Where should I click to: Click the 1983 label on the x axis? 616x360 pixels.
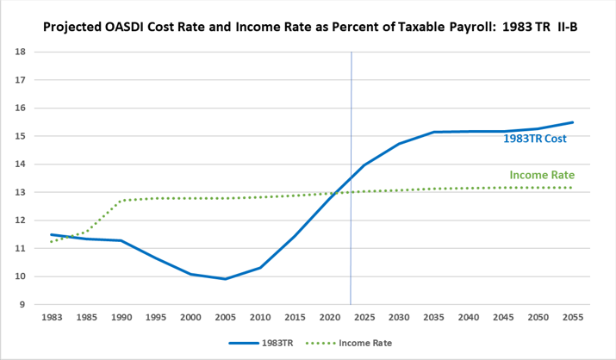tap(52, 317)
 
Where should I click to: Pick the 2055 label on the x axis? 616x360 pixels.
tap(573, 317)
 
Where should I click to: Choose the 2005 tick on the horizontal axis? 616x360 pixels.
tap(226, 317)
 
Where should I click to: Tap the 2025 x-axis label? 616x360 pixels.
tap(364, 317)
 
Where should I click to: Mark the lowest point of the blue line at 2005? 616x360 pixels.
tap(226, 279)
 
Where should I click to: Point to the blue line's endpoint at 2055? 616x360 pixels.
tap(573, 122)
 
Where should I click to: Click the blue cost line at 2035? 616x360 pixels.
tap(434, 132)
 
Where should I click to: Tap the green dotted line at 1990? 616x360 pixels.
tap(121, 201)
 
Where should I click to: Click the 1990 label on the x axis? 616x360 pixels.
tap(121, 317)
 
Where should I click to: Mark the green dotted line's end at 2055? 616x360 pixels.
tap(573, 188)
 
